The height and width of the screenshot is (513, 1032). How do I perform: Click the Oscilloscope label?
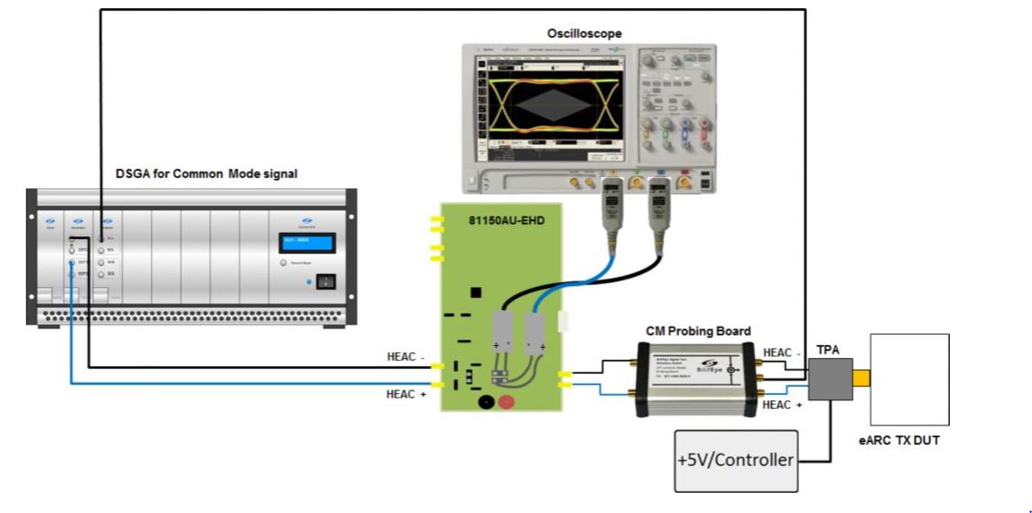(x=585, y=33)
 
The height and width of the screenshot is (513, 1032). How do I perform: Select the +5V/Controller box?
(x=736, y=459)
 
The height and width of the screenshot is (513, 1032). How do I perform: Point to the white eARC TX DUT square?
(x=909, y=379)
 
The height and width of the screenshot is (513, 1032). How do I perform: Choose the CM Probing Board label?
(x=698, y=330)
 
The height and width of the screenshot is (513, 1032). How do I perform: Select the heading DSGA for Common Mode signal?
(x=207, y=173)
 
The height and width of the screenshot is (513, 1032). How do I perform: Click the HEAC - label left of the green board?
(x=406, y=356)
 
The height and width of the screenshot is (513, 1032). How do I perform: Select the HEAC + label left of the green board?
(x=406, y=394)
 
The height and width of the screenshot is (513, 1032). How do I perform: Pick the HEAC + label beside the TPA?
(x=782, y=405)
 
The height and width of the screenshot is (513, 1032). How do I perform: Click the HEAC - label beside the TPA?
(x=782, y=352)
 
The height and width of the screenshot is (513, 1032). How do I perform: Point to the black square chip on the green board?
(x=476, y=292)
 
